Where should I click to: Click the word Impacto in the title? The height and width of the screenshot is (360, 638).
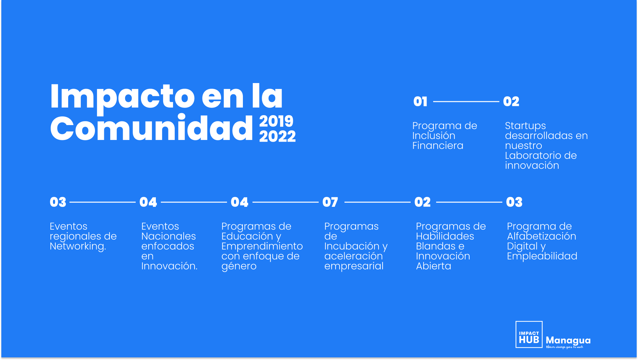[122, 97]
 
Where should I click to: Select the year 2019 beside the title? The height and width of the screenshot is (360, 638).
[276, 121]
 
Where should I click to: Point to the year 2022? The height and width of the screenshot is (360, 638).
[277, 136]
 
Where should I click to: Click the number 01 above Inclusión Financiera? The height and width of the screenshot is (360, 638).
[420, 102]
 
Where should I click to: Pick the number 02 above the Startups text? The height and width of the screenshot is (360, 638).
[511, 102]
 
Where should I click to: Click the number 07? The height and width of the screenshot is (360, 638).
[330, 202]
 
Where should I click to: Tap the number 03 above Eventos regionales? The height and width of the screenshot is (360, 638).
[58, 202]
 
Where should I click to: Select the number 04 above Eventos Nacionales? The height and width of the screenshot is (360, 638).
[148, 202]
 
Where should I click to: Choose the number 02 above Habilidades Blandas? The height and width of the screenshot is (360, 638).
[423, 202]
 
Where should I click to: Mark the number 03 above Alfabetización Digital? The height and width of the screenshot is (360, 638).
[514, 202]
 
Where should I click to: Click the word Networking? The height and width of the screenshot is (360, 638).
[78, 247]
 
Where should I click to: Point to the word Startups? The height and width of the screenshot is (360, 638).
[525, 126]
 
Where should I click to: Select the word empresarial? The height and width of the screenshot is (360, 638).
[354, 266]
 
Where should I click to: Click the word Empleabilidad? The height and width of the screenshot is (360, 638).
[542, 256]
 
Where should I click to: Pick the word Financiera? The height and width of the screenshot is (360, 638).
[438, 146]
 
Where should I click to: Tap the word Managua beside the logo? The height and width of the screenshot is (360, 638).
[568, 340]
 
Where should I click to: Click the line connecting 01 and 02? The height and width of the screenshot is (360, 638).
[466, 102]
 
